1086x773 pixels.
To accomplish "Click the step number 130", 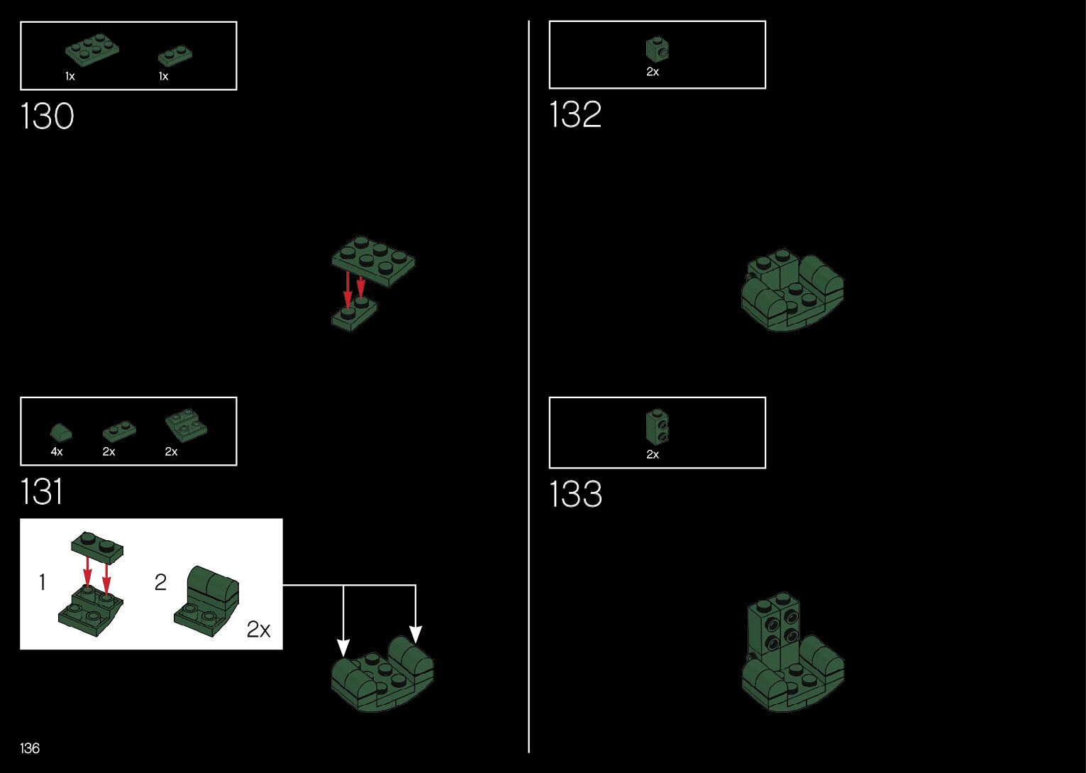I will coord(47,116).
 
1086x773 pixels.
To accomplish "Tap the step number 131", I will coord(41,491).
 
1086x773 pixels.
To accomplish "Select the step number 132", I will coord(575,115).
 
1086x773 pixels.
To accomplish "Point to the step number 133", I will coord(575,494).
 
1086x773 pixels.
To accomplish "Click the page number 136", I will coord(30,748).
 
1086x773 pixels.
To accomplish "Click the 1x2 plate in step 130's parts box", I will coord(174,56).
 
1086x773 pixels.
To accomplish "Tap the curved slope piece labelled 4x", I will coord(61,432).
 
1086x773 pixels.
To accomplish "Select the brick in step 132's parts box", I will coord(657,49).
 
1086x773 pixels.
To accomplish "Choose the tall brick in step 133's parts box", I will coord(657,427).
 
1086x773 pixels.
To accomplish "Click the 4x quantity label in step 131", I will coord(57,451).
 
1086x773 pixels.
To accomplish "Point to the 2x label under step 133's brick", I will coord(653,454).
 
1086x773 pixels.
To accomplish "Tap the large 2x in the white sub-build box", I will coord(259,629).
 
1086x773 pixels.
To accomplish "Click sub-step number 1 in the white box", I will coord(43,583).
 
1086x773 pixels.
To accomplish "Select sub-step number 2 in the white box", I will coord(161,583).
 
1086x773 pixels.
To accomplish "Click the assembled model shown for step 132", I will coord(792,290).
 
